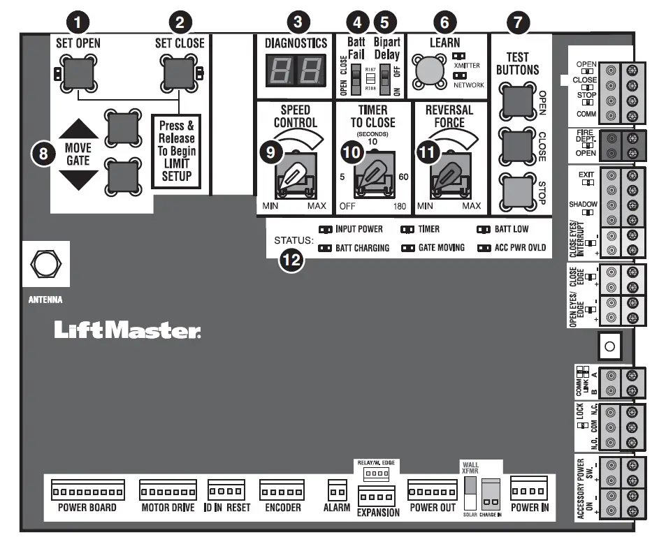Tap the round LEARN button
pos(428,72)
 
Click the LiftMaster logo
pos(128,330)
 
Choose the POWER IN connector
pos(529,486)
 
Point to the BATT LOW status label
pos(511,229)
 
